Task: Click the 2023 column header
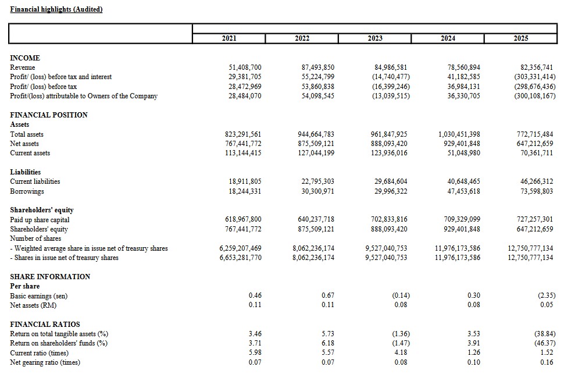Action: click(x=375, y=38)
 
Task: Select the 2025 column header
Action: click(x=521, y=38)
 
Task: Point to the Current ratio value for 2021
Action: click(x=255, y=353)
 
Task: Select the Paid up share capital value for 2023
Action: click(x=389, y=220)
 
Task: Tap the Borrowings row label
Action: click(x=27, y=191)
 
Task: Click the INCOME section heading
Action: click(x=25, y=58)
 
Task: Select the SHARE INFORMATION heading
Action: click(x=50, y=277)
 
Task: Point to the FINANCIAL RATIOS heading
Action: click(x=45, y=325)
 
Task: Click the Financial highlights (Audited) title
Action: click(x=56, y=9)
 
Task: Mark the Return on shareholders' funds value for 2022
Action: click(x=327, y=344)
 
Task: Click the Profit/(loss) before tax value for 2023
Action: click(x=391, y=87)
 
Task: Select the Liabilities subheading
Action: click(x=26, y=172)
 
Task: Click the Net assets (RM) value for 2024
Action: click(x=473, y=305)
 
